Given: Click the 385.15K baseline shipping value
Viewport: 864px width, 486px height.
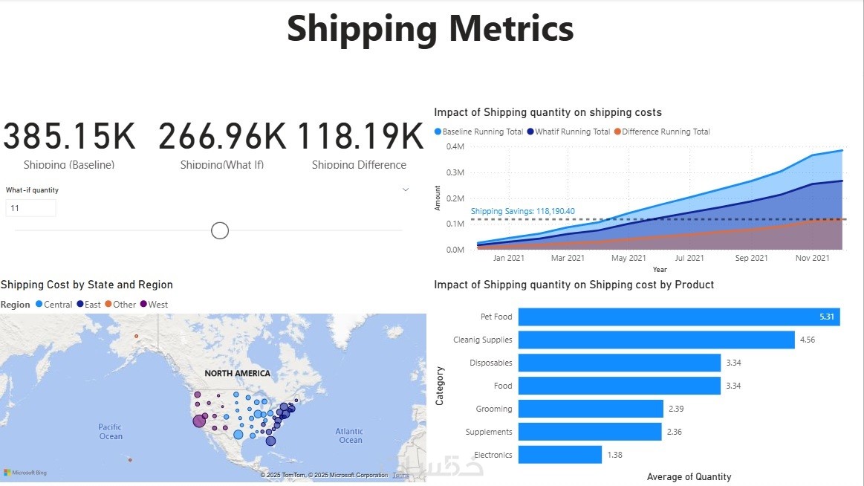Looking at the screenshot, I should pos(70,137).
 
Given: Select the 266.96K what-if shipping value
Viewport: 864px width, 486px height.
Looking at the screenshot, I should pos(222,137).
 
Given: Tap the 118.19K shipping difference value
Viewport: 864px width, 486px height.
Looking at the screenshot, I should pos(360,137).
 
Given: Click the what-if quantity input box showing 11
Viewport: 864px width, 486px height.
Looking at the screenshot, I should pos(30,209).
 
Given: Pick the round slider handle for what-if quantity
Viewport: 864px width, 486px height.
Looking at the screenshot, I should pos(220,230).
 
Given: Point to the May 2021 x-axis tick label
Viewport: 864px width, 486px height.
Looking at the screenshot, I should pos(628,259).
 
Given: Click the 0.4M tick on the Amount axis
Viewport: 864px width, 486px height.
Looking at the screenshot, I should pos(455,146).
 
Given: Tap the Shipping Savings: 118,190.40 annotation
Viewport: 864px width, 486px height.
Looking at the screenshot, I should pos(523,212).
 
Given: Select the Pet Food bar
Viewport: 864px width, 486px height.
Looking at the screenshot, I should pos(679,317).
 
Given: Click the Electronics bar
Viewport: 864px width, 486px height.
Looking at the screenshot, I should pos(559,454).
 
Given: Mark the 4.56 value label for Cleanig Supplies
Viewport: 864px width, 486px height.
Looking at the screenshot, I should pos(808,340).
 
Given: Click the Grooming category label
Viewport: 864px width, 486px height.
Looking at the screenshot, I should pos(494,409).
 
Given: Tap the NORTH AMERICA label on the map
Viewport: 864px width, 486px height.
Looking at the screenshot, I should pos(238,373).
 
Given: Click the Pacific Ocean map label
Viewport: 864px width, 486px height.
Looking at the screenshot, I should pos(111,432).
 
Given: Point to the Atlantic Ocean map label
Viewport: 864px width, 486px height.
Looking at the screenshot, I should pos(350,435).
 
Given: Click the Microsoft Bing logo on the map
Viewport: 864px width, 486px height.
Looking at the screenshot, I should pos(25,473).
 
